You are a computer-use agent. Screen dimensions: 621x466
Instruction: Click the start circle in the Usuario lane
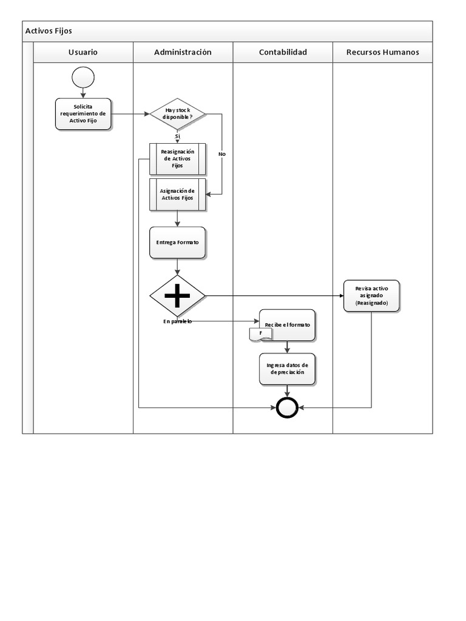pyautogui.click(x=83, y=76)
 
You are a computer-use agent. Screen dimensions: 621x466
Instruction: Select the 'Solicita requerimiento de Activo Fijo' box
pyautogui.click(x=83, y=114)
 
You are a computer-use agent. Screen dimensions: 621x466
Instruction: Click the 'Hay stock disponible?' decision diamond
pyautogui.click(x=177, y=113)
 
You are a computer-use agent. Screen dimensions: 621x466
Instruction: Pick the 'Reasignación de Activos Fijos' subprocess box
pyautogui.click(x=177, y=158)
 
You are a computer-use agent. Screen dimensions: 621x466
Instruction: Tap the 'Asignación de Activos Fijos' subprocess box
pyautogui.click(x=177, y=194)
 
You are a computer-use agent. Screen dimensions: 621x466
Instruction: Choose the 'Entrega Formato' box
pyautogui.click(x=177, y=243)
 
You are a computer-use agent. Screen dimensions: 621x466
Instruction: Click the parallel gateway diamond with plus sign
pyautogui.click(x=177, y=295)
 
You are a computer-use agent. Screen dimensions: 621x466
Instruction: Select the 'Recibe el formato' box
pyautogui.click(x=288, y=324)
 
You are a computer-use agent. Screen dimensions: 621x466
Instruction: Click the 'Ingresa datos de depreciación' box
pyautogui.click(x=287, y=369)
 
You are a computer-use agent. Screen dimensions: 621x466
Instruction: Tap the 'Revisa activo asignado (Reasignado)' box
pyautogui.click(x=371, y=295)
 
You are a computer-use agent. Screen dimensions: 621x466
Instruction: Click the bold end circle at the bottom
pyautogui.click(x=287, y=408)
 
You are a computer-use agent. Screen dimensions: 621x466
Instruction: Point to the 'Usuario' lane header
pyautogui.click(x=83, y=52)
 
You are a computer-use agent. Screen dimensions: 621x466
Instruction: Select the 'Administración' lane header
pyautogui.click(x=183, y=52)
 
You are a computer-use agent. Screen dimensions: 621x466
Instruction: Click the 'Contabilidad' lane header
pyautogui.click(x=283, y=52)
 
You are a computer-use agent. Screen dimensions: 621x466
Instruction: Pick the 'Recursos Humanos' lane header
pyautogui.click(x=382, y=52)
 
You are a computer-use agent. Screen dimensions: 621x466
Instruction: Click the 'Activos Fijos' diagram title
pyautogui.click(x=49, y=31)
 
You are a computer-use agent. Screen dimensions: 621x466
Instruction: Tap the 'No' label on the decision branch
pyautogui.click(x=221, y=154)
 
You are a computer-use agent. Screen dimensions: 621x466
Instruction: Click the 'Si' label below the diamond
pyautogui.click(x=177, y=136)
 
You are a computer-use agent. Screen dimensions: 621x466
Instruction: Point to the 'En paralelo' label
pyautogui.click(x=177, y=321)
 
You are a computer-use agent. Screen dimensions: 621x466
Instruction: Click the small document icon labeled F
pyautogui.click(x=261, y=334)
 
